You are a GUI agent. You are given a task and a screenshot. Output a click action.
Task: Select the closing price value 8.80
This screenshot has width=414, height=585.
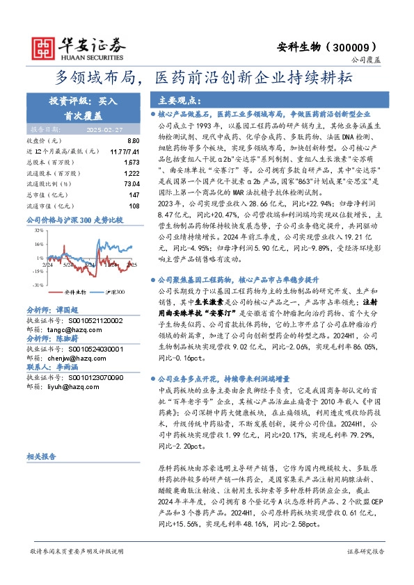(134, 140)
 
